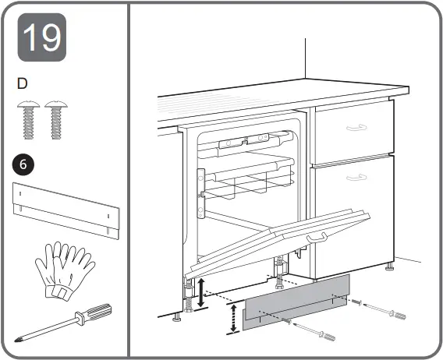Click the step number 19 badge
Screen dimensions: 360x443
[x=41, y=37]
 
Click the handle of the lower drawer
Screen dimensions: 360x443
[x=356, y=178]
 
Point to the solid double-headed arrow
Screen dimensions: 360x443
[x=201, y=291]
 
